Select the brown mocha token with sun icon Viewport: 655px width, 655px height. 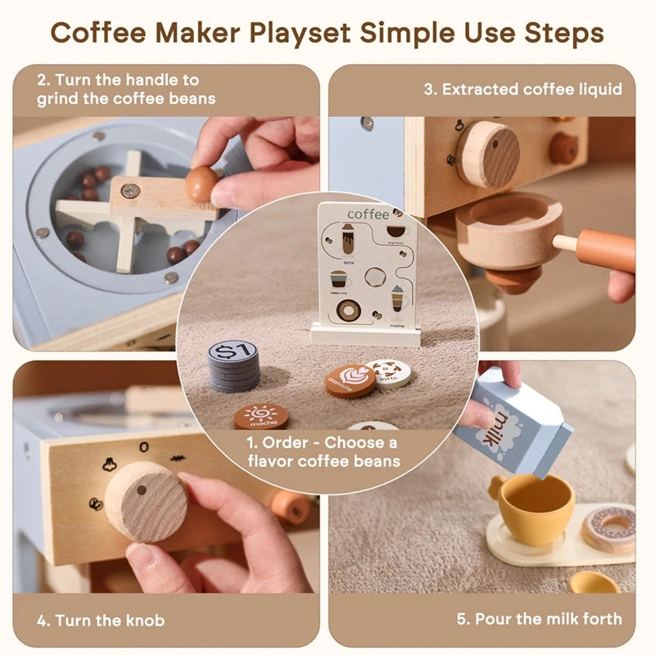tap(260, 416)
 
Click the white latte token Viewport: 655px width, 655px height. tap(388, 373)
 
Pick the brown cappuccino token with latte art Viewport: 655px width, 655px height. tap(350, 381)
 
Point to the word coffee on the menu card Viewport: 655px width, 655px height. tap(368, 215)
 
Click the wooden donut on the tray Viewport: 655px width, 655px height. tap(609, 526)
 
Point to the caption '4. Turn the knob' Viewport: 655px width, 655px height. tap(100, 619)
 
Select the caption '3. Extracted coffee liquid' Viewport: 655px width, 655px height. tap(522, 89)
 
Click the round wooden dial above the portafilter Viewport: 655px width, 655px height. tap(488, 154)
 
